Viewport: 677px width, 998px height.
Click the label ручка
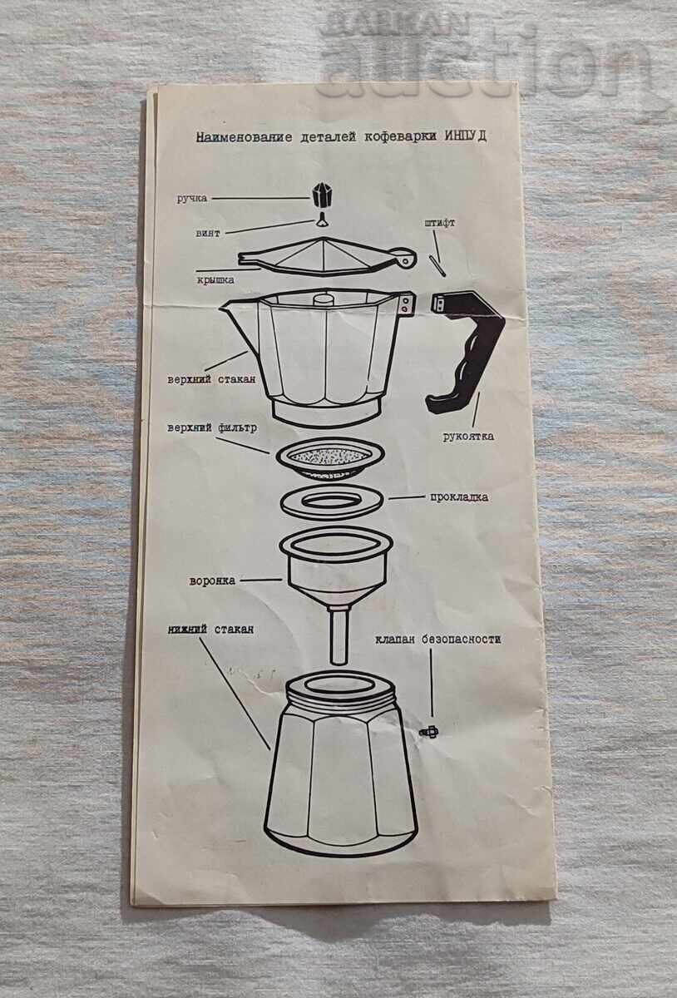click(191, 199)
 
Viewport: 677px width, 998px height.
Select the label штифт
click(439, 223)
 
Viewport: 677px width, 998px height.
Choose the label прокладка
click(458, 497)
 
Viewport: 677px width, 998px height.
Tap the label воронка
click(212, 581)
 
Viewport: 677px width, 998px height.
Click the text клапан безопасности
click(449, 640)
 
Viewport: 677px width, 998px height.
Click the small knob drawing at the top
click(321, 195)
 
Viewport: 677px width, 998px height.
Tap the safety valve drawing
click(431, 730)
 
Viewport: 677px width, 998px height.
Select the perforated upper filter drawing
click(331, 457)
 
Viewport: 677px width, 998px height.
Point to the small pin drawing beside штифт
click(437, 265)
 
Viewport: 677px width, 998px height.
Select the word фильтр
click(239, 427)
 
